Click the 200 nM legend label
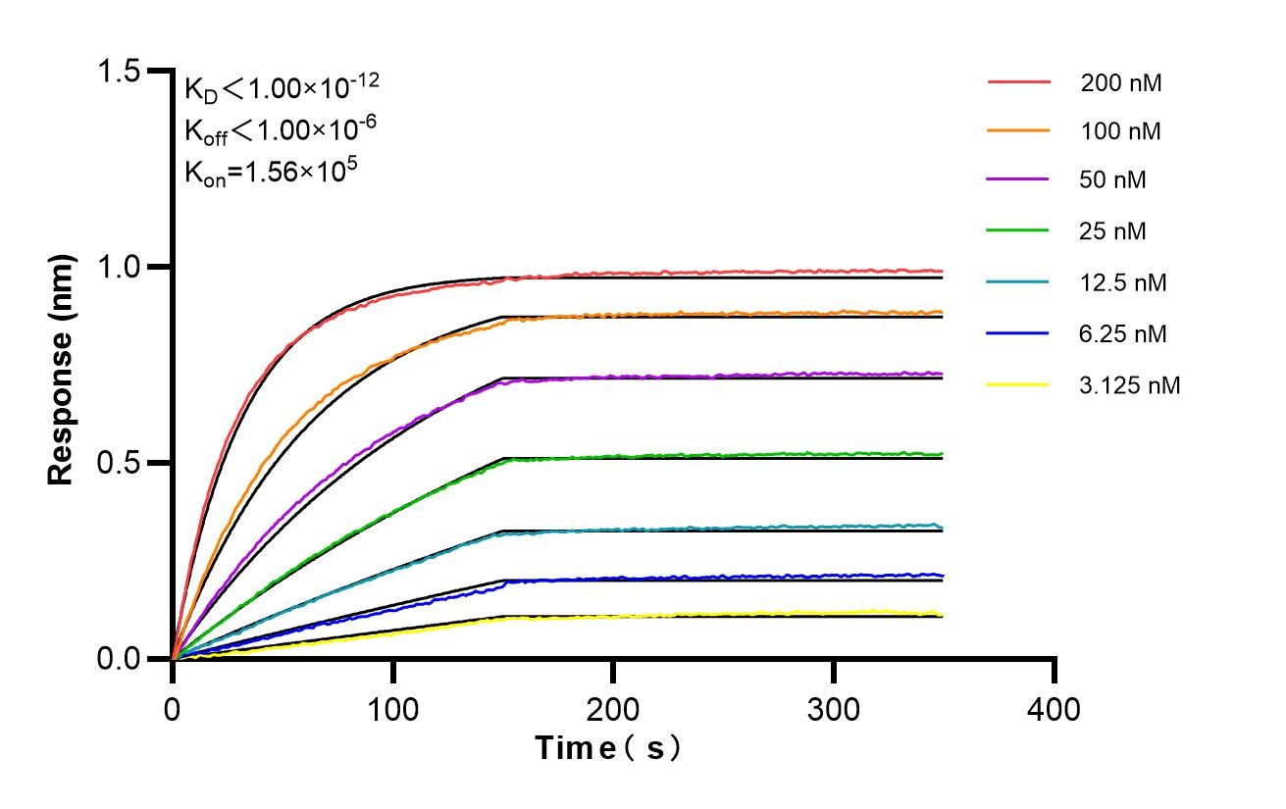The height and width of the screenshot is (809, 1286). [1121, 83]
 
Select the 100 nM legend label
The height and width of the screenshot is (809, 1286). [1121, 131]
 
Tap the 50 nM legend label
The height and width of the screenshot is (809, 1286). [1113, 180]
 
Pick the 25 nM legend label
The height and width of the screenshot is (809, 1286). [1113, 231]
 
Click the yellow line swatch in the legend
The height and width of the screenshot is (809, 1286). [1018, 385]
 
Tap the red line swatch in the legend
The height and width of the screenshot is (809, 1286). [1018, 82]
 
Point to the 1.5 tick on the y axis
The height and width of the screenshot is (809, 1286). [120, 72]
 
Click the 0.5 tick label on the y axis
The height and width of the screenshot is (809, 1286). [120, 463]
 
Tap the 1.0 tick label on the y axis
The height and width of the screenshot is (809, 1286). [120, 267]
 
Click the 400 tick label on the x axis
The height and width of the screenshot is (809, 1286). [1054, 708]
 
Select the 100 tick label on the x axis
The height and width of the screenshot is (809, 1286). [392, 708]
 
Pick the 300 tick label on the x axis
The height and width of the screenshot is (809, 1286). [834, 708]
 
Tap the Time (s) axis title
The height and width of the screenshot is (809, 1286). [608, 748]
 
